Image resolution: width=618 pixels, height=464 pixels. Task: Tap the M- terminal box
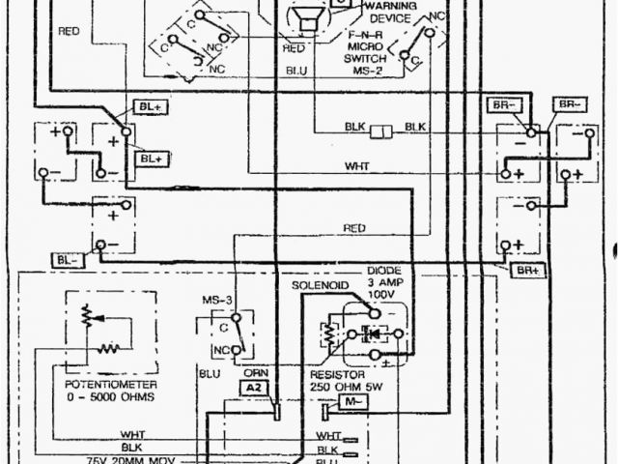[352, 399]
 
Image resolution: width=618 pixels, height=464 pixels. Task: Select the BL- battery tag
[70, 260]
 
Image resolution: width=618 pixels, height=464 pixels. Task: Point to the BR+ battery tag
[527, 269]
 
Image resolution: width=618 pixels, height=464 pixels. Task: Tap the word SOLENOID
[318, 287]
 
